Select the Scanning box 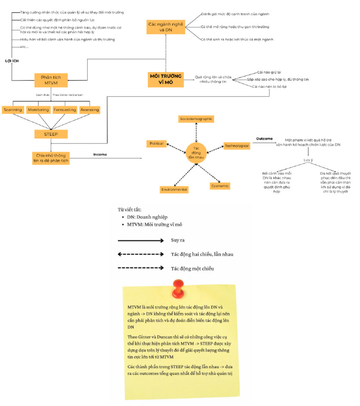point(12,110)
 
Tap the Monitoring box point(38,110)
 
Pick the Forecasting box point(65,110)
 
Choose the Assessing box point(90,110)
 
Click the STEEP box point(52,135)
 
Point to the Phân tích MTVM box point(51,80)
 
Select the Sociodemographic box point(196,119)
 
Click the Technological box point(237,146)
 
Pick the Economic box point(220,186)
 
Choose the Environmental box point(174,189)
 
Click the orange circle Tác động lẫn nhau point(196,152)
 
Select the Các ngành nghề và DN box point(163,27)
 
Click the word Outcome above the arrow point(264,138)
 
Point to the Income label point(100,154)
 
